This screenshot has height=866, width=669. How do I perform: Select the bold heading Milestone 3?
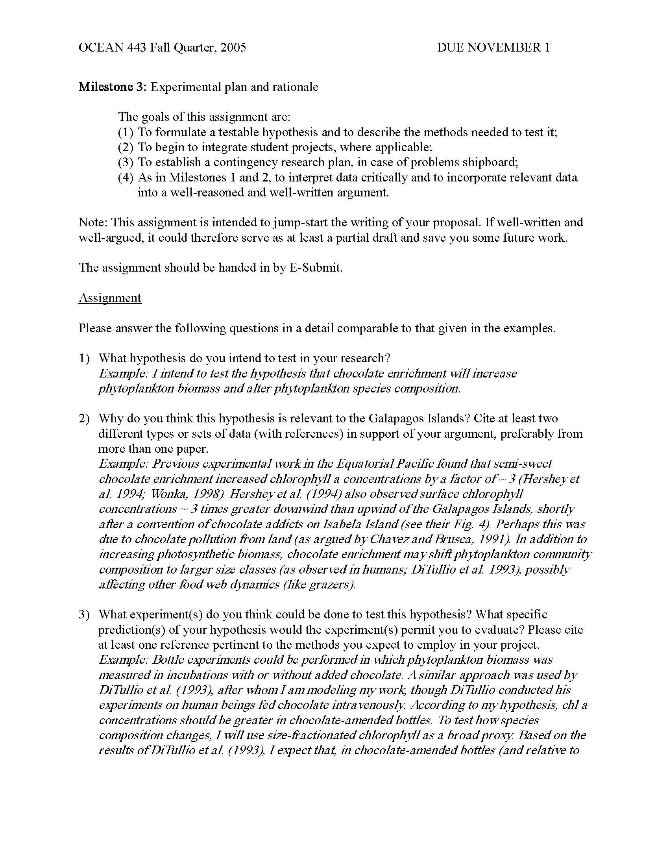[113, 87]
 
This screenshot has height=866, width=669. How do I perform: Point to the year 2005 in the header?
[233, 48]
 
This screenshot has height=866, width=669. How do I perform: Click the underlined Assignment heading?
[110, 298]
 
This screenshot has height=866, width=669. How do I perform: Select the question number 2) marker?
[84, 418]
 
